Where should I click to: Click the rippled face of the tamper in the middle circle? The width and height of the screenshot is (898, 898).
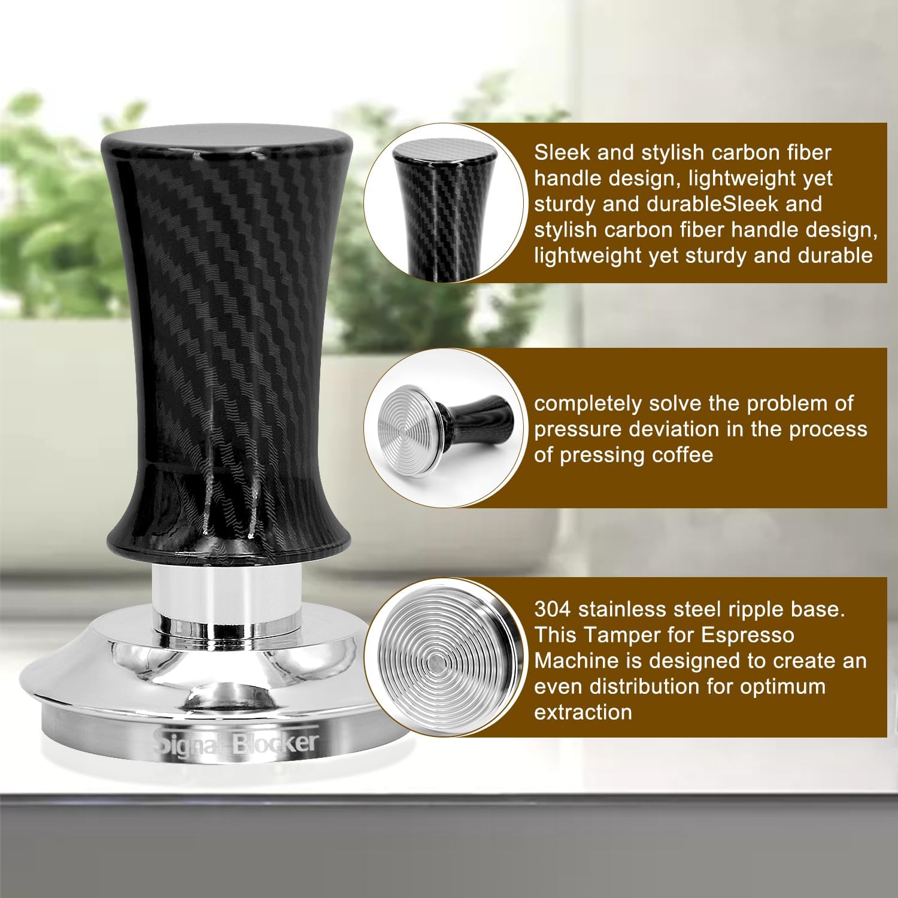(408, 424)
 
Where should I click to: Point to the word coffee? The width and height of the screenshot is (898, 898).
(675, 455)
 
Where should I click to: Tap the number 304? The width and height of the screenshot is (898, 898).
(553, 609)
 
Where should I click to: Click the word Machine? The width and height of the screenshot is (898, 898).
(576, 660)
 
